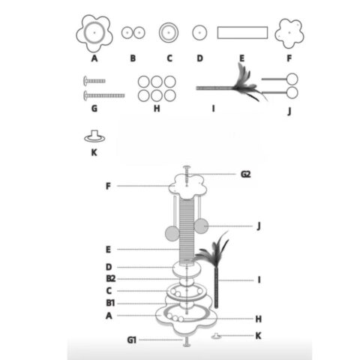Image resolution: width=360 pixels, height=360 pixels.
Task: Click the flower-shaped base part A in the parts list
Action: (x=94, y=33)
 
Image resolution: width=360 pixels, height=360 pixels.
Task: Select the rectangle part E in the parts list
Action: (x=242, y=32)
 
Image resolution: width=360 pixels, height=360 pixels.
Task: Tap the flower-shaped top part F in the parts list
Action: (x=289, y=33)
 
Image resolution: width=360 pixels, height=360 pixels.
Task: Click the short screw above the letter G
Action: (x=94, y=81)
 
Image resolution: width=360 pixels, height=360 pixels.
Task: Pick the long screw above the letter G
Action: (x=104, y=95)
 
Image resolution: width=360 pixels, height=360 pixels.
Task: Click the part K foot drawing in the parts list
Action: (x=94, y=136)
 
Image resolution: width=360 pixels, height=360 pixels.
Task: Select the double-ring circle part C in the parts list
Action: (x=169, y=32)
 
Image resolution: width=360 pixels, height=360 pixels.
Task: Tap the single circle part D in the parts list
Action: (x=199, y=32)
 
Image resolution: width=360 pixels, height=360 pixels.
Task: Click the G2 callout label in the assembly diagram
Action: (x=245, y=174)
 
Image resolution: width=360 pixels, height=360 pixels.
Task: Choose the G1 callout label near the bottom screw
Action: (x=131, y=340)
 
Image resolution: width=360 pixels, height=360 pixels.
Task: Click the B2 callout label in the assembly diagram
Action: (x=111, y=278)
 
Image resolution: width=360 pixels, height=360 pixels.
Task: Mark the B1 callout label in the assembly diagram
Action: (x=110, y=303)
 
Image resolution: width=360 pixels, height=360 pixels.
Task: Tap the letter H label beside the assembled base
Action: (x=259, y=319)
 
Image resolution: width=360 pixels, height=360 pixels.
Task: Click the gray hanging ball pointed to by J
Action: (x=201, y=226)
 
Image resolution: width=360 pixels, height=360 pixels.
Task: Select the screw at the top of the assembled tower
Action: (x=187, y=175)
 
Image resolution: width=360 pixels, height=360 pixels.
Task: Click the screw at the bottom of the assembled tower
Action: (x=186, y=342)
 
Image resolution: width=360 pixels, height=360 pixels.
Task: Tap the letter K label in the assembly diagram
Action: (x=258, y=335)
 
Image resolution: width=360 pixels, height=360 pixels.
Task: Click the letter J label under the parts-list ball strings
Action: (x=289, y=111)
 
